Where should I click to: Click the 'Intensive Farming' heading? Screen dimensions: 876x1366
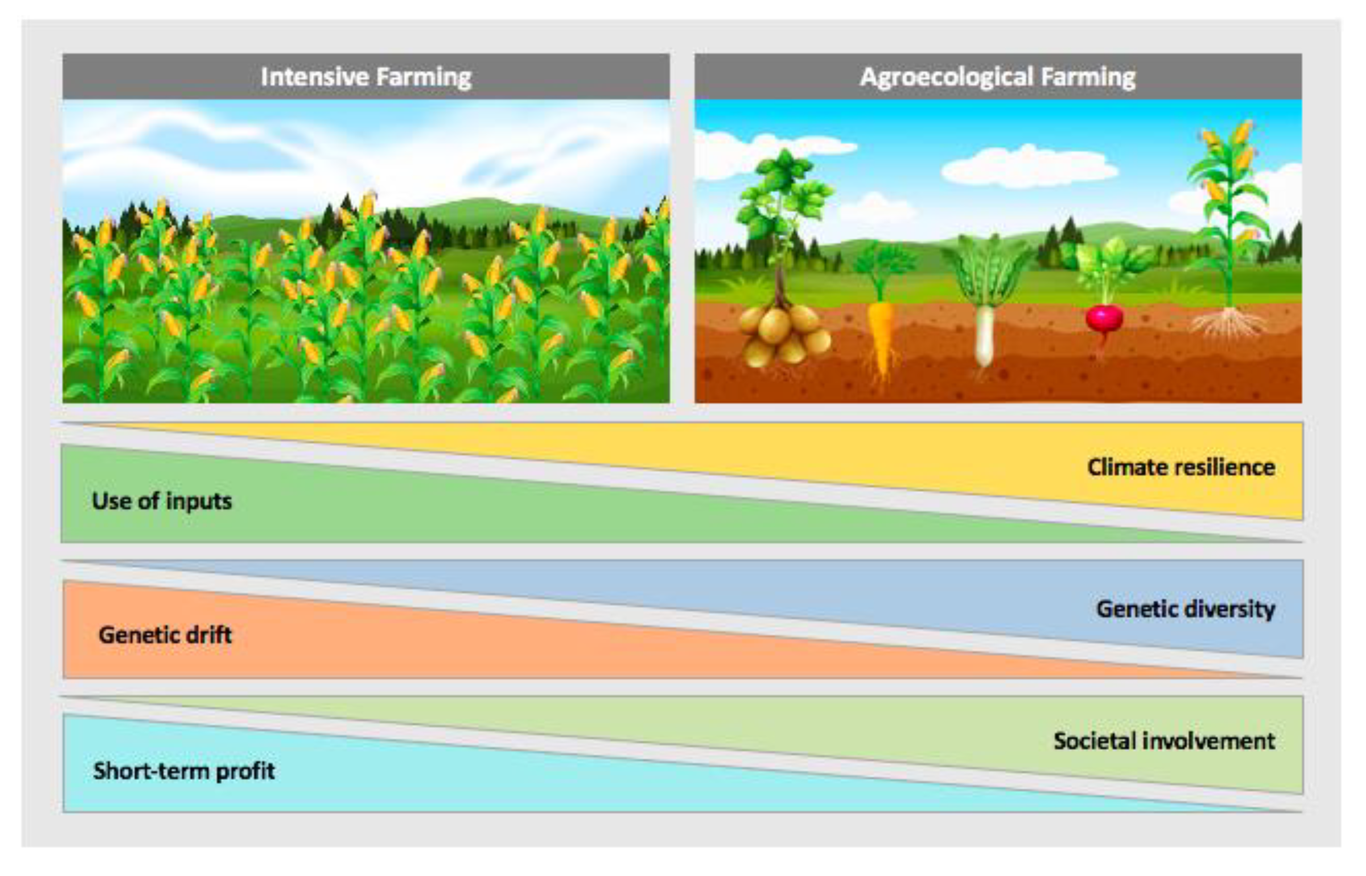366,77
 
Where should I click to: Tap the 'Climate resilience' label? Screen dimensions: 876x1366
1180,467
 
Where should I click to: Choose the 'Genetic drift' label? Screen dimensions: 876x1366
165,635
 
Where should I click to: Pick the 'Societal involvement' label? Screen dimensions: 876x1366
1163,741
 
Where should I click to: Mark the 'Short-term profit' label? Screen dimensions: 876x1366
183,771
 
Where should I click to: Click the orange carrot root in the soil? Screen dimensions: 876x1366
880,338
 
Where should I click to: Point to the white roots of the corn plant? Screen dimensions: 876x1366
1229,324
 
